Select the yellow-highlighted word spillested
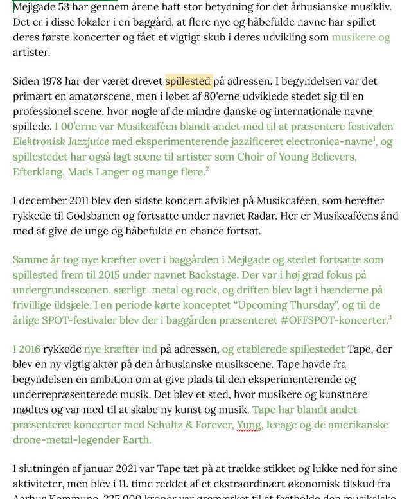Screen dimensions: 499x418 [x=187, y=82]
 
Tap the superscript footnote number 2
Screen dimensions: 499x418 [x=207, y=168]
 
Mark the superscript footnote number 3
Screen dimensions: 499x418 [x=389, y=317]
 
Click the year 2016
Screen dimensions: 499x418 [x=27, y=349]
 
